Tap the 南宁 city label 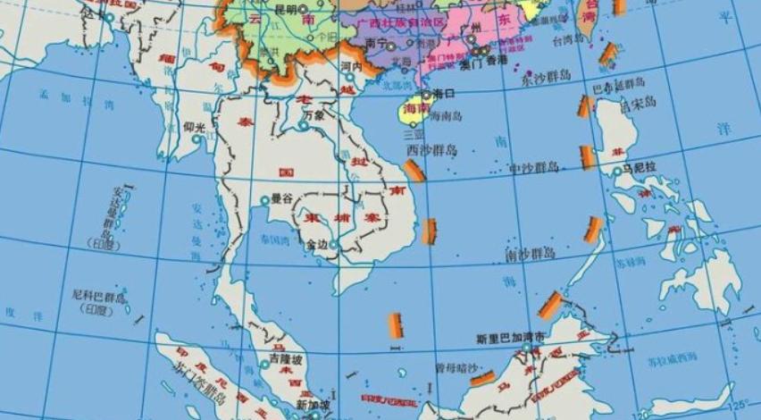[376, 41]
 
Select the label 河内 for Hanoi [350, 66]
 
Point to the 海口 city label [445, 94]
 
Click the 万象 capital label [314, 114]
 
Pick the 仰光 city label [194, 127]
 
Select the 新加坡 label [314, 405]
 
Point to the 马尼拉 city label [640, 167]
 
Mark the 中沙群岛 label [533, 167]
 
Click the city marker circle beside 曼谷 [264, 200]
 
